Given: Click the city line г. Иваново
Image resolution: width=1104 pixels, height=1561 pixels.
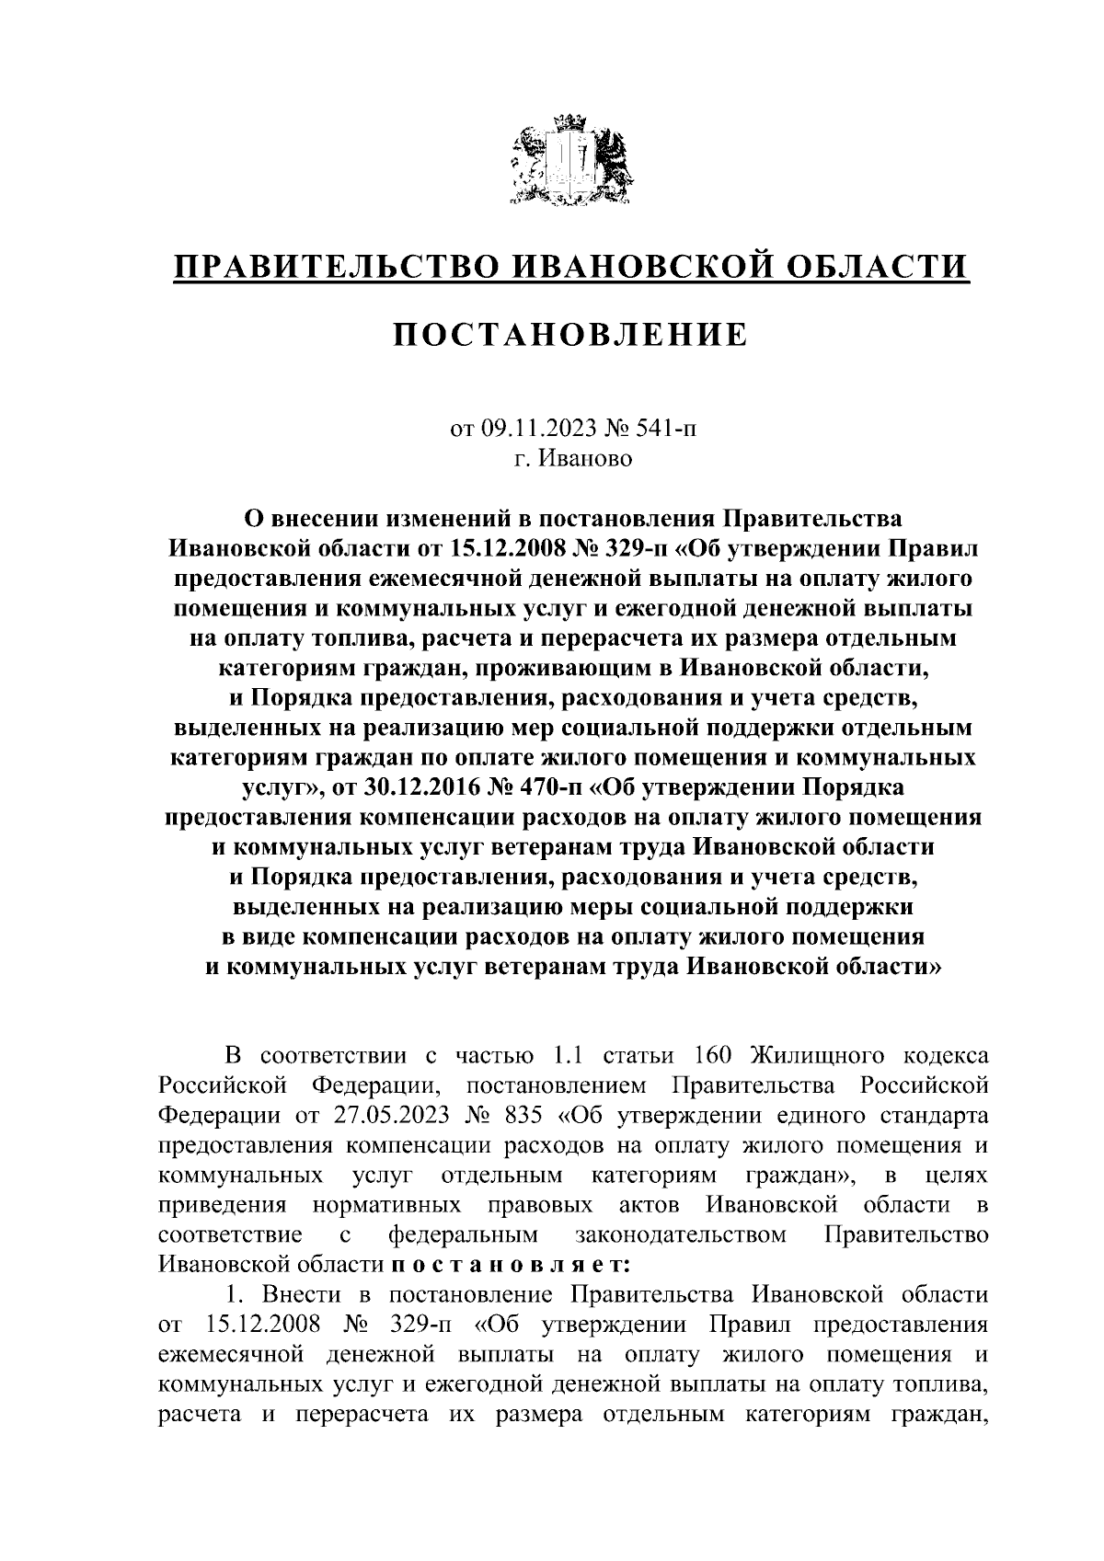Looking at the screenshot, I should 573,458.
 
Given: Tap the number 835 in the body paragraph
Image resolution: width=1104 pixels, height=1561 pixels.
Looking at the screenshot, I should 523,1116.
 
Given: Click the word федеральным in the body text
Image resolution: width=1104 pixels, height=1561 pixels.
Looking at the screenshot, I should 465,1234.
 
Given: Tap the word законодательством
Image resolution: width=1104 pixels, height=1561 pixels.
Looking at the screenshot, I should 680,1234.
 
